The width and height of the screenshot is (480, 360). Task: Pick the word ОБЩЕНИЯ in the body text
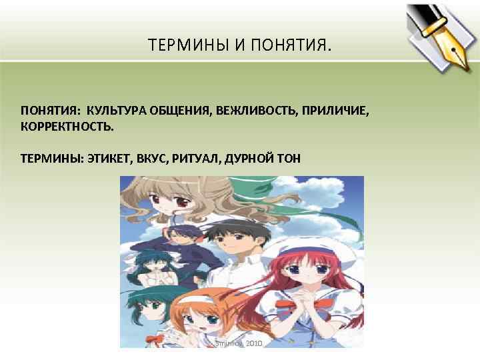coord(179,109)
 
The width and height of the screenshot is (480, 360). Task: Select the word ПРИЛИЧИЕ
coord(336,109)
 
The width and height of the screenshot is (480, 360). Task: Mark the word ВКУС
coord(153,158)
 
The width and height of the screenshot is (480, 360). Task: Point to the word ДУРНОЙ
coord(250,158)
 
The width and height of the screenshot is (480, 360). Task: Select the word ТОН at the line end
coord(289,158)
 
